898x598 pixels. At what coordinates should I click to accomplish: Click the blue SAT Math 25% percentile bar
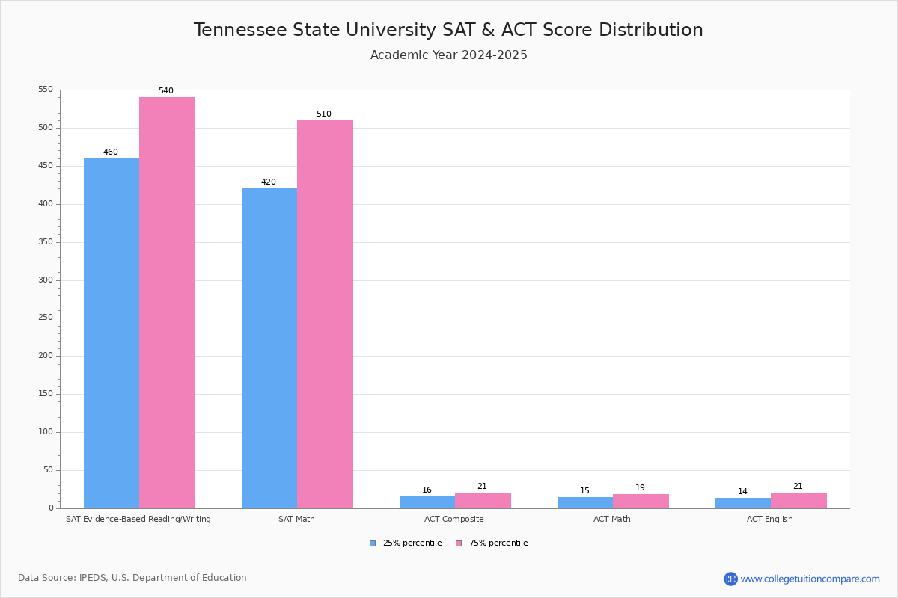pos(269,348)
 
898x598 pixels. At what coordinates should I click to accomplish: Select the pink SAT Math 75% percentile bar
pos(325,314)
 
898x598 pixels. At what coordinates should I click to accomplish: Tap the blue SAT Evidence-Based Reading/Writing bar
pos(112,333)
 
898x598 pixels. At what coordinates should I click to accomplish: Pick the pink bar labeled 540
pos(167,303)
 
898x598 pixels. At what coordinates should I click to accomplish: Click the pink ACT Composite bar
pos(483,501)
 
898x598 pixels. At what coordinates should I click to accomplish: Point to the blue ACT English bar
pos(743,503)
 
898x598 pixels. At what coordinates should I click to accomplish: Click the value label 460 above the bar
pos(111,152)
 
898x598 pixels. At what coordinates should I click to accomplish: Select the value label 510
pos(323,114)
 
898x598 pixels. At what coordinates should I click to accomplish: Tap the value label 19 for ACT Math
pos(640,488)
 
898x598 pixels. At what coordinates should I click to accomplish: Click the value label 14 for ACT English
pos(742,492)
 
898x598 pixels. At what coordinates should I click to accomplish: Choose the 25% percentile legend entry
pos(406,543)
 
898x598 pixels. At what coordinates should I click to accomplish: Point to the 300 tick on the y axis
pos(46,280)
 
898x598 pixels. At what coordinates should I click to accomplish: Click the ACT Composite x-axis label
pos(453,520)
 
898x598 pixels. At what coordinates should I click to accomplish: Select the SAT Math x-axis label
pos(296,520)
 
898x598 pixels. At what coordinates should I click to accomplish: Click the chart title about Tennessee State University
pos(448,31)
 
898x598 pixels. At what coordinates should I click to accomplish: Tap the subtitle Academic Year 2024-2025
pos(448,55)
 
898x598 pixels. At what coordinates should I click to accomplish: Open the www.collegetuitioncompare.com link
pos(810,579)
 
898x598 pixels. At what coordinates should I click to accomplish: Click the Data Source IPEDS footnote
pos(132,578)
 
